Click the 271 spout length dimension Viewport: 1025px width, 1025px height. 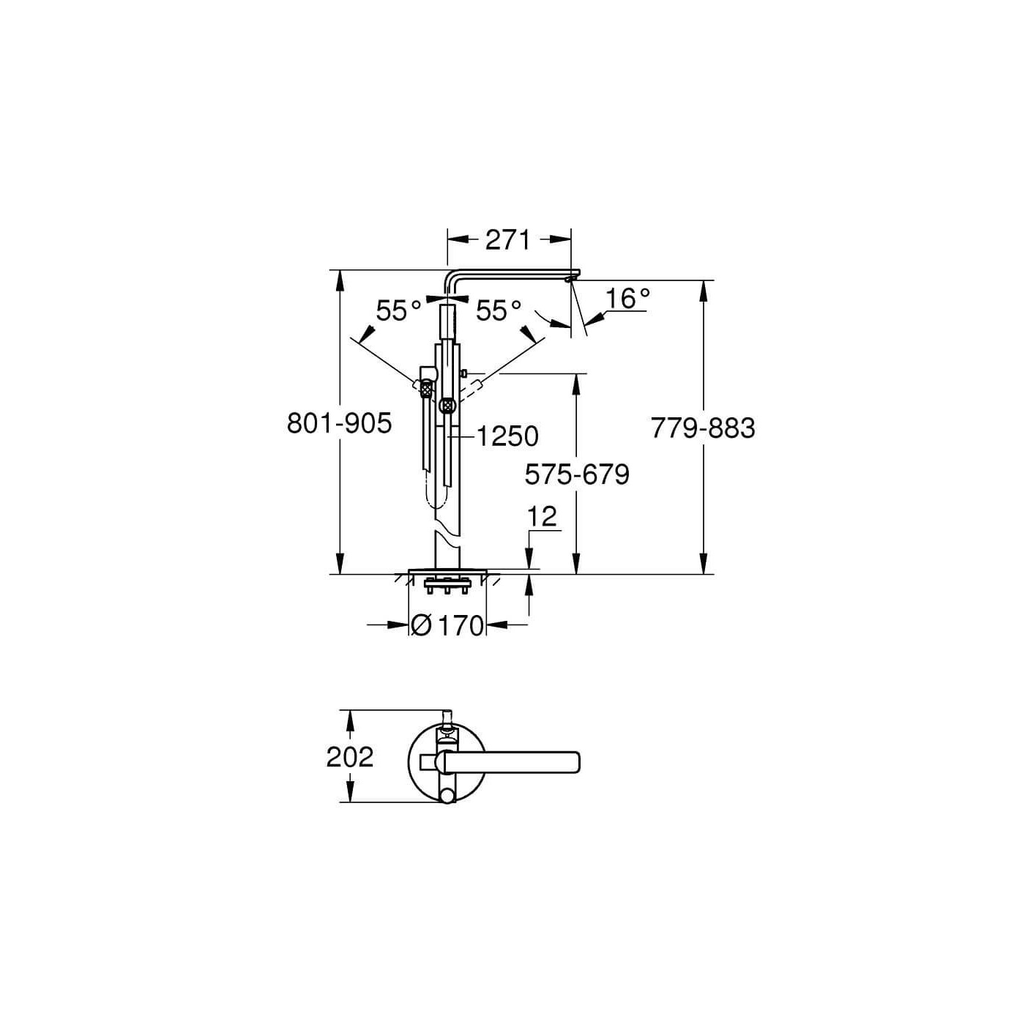pos(507,239)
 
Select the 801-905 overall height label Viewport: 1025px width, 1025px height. pos(340,423)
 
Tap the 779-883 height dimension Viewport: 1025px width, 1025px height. pos(703,428)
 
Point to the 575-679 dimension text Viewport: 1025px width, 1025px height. pos(577,475)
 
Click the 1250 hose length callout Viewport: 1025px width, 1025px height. pos(507,436)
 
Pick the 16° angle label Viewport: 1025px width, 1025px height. pos(628,299)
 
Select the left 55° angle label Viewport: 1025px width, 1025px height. pos(398,311)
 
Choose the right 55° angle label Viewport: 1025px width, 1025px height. pos(499,311)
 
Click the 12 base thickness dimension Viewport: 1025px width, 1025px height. pos(542,517)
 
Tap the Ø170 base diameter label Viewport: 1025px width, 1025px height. pos(447,625)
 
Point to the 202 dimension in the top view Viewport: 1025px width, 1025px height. pos(350,757)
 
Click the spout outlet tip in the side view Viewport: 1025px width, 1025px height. pos(572,277)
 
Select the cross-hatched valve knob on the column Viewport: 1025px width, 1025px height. pos(447,404)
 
